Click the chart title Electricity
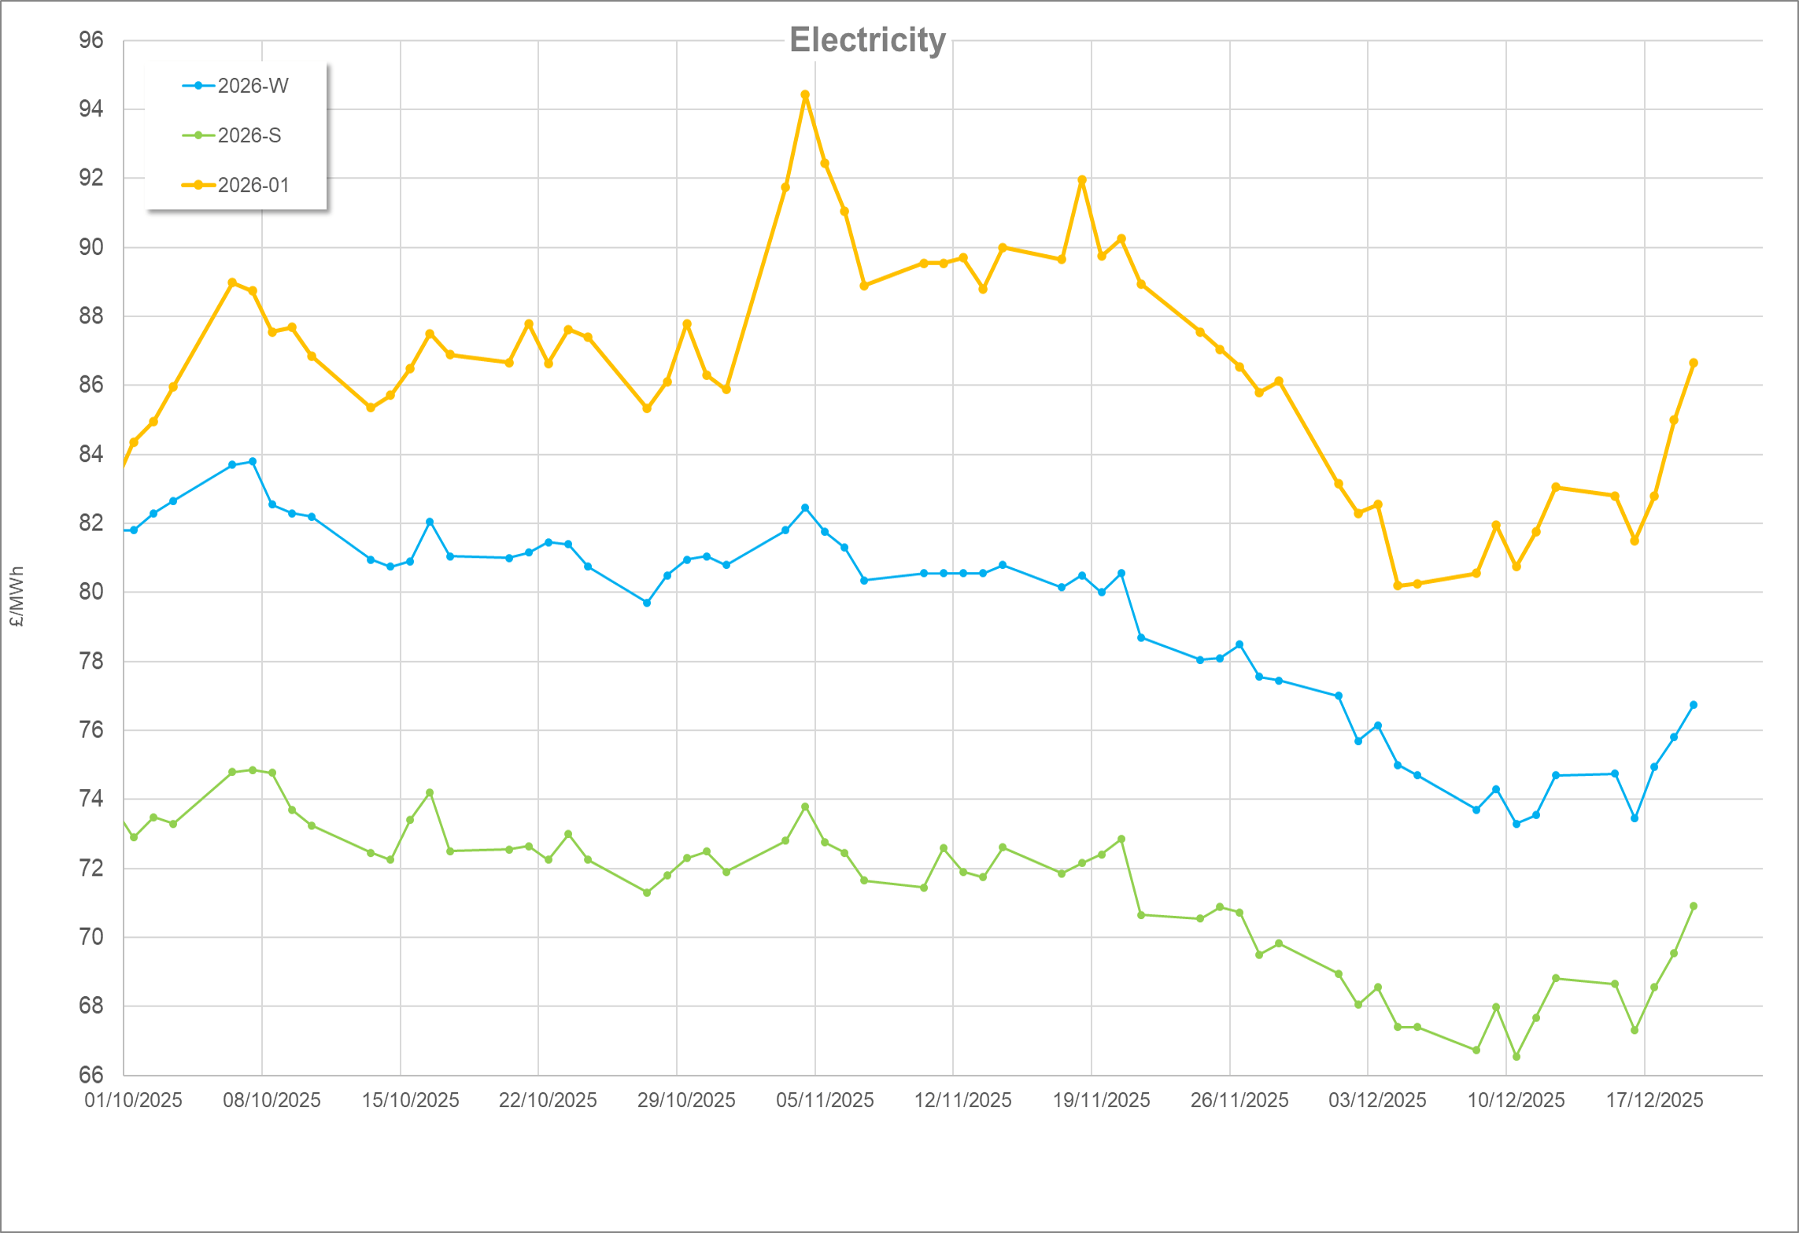point(867,40)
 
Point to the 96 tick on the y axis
point(91,40)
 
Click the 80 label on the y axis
point(91,592)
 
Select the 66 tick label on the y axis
point(91,1075)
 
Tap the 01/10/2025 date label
point(133,1100)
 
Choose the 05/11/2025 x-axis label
point(825,1100)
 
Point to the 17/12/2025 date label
point(1654,1100)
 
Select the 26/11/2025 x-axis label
point(1239,1100)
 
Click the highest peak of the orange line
point(805,95)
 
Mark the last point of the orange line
point(1694,364)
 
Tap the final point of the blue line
point(1694,705)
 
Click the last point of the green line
point(1694,906)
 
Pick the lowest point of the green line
point(1516,1057)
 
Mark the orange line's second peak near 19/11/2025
point(1082,180)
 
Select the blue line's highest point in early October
point(252,462)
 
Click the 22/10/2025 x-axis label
point(548,1100)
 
